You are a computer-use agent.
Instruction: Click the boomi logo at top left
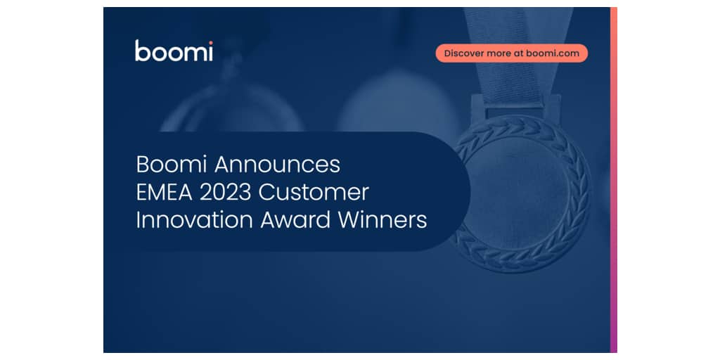tap(174, 51)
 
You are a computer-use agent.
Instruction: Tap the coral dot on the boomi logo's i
tap(210, 43)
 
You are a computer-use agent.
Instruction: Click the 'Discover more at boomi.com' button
tap(512, 53)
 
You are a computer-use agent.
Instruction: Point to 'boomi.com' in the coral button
tap(553, 53)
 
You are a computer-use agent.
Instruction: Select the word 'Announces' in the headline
tap(277, 165)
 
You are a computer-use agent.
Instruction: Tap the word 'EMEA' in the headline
tap(165, 193)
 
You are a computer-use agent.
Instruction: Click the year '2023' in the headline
tap(226, 193)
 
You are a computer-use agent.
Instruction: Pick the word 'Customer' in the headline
tap(314, 193)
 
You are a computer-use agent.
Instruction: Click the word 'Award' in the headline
tap(296, 220)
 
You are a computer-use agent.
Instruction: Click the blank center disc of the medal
tap(521, 193)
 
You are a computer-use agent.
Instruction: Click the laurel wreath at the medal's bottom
tap(521, 262)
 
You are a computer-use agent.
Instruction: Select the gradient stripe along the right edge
tap(613, 180)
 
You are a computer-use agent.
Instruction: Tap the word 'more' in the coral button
tap(497, 53)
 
